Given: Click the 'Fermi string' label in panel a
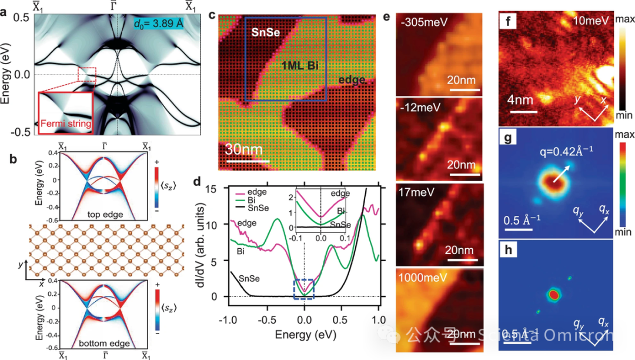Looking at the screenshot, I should tap(64, 124).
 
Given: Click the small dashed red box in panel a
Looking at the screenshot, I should tap(86, 75).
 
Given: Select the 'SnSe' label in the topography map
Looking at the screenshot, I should tap(259, 35).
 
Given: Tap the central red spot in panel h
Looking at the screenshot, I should tap(553, 293).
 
